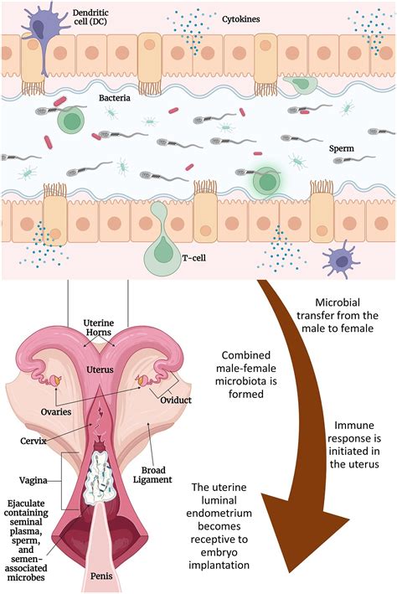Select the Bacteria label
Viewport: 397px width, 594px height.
pos(114,98)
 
